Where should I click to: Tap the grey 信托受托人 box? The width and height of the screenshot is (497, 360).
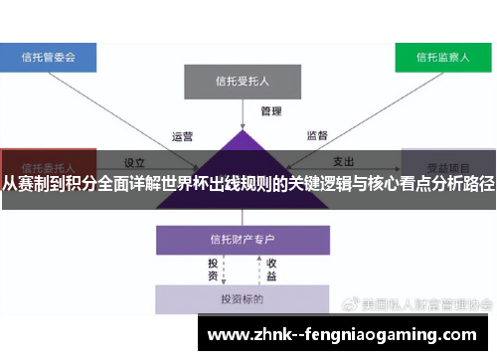point(242,81)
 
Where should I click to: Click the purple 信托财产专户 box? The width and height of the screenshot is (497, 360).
point(242,240)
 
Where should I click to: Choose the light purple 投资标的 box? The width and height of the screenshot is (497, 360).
point(242,298)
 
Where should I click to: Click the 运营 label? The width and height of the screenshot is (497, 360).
point(183,135)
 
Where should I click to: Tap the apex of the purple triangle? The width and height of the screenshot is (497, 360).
point(242,131)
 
